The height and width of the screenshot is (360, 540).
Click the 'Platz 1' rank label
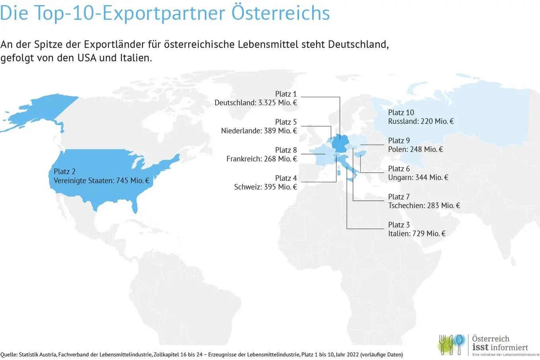pyautogui.click(x=286, y=94)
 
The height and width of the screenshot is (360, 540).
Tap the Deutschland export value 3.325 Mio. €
pyautogui.click(x=278, y=103)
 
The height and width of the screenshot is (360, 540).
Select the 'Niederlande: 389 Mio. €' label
pyautogui.click(x=259, y=131)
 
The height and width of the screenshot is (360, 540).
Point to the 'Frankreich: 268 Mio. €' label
pyautogui.click(x=262, y=159)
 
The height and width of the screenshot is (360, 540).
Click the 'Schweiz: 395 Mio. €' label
pyautogui.click(x=266, y=187)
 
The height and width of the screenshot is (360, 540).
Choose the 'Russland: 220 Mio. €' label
pyautogui.click(x=421, y=121)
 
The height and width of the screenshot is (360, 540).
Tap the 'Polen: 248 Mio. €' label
pyautogui.click(x=416, y=149)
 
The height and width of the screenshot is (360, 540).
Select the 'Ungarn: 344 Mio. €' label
pyautogui.click(x=418, y=178)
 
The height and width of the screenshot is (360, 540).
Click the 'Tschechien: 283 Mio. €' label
pyautogui.click(x=424, y=205)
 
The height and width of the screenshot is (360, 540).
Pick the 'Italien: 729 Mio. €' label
pyautogui.click(x=417, y=234)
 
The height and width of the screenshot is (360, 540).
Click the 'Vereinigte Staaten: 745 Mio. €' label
pyautogui.click(x=101, y=181)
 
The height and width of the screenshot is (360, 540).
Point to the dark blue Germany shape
pyautogui.click(x=340, y=143)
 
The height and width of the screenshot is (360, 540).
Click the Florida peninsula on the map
pyautogui.click(x=135, y=205)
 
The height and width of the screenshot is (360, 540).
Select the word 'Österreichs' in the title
pyautogui.click(x=281, y=13)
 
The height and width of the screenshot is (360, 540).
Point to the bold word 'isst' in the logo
pyautogui.click(x=480, y=347)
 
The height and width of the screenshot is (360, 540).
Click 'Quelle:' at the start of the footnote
pyautogui.click(x=9, y=355)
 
